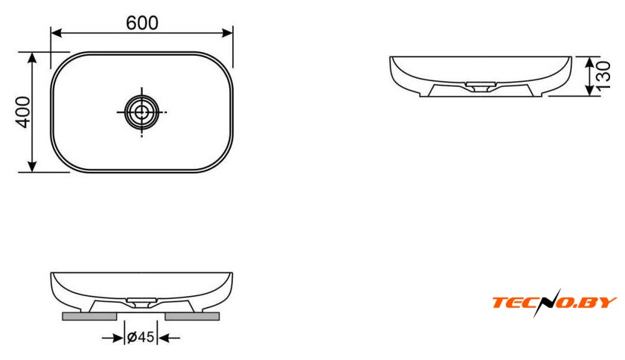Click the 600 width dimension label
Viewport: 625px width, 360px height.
pyautogui.click(x=142, y=23)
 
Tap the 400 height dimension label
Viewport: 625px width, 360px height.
pyautogui.click(x=23, y=112)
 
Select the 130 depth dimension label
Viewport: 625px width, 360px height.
pyautogui.click(x=603, y=75)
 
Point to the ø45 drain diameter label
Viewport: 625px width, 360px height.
pyautogui.click(x=141, y=337)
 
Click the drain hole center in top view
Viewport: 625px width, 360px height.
pyautogui.click(x=141, y=112)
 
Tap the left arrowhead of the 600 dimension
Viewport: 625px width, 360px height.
pyautogui.click(x=57, y=33)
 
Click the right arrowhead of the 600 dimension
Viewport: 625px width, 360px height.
pyautogui.click(x=227, y=33)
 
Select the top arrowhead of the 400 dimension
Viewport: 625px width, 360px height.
pyautogui.click(x=32, y=57)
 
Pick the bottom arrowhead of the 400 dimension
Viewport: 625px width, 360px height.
pyautogui.click(x=32, y=167)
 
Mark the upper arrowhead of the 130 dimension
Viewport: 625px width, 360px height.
pyautogui.click(x=590, y=62)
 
